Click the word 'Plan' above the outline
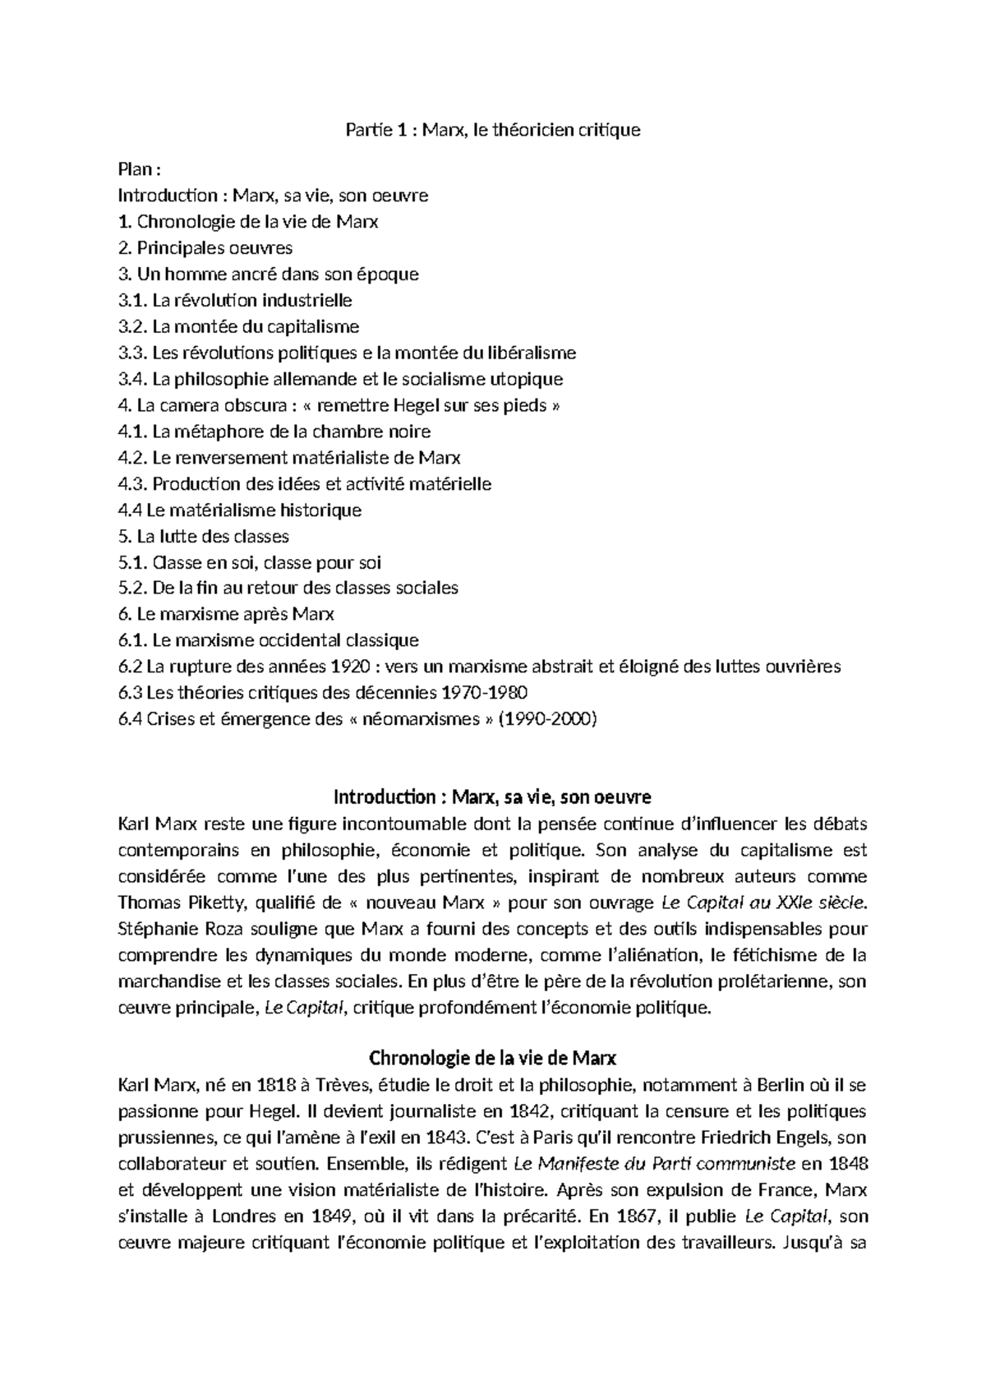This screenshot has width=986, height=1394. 135,169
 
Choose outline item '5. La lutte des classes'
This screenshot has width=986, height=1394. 204,536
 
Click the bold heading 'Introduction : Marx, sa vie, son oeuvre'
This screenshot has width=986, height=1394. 492,797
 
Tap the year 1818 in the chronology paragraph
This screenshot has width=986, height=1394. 277,1085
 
